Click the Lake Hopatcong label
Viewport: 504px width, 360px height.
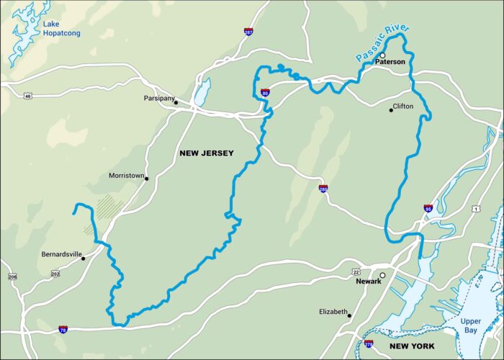[61, 28]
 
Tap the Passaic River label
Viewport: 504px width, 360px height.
[382, 45]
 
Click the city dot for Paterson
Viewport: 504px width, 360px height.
[383, 55]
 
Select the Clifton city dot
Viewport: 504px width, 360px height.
[392, 109]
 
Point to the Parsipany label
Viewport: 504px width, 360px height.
[158, 98]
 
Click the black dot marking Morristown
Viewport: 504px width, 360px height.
[147, 178]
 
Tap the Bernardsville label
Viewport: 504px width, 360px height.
[61, 255]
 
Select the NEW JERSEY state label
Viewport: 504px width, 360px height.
[206, 153]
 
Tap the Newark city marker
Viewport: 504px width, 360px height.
[383, 274]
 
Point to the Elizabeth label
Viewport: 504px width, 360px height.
[333, 312]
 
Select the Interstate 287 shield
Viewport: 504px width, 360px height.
[248, 32]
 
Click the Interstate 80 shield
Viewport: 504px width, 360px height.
[266, 92]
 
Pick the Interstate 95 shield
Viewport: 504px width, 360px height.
[428, 208]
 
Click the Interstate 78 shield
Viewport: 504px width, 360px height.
[64, 329]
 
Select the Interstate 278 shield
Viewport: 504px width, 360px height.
[369, 344]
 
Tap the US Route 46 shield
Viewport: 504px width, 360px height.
[27, 95]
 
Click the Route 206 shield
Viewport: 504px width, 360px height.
[12, 276]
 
